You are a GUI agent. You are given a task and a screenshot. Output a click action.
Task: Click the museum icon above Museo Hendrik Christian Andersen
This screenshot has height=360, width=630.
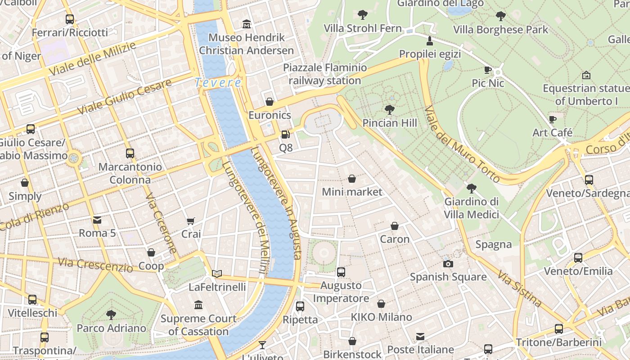[x=247, y=24]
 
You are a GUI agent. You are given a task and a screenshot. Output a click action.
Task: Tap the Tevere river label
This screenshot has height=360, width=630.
[x=218, y=83]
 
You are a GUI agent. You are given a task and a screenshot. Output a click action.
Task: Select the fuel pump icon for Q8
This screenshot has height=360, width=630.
[x=285, y=134]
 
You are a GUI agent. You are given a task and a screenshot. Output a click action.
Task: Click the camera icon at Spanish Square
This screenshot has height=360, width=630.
[x=448, y=264]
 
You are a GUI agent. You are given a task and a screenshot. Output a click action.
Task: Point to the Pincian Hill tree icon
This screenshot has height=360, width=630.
[x=390, y=109]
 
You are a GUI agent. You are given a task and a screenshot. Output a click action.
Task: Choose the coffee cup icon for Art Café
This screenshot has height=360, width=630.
[x=553, y=119]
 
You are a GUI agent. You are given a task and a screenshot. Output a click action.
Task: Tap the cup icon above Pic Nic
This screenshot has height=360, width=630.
[x=488, y=70]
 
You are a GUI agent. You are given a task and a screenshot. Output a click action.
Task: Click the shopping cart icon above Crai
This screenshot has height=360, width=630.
[x=191, y=221]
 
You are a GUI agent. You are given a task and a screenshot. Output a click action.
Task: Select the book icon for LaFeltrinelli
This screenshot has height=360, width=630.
[x=217, y=274]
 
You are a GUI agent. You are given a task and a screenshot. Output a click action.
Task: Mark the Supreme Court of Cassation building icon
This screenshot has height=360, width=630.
[x=198, y=305]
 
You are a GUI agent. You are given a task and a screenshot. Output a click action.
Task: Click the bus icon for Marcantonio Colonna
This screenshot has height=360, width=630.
[x=130, y=153]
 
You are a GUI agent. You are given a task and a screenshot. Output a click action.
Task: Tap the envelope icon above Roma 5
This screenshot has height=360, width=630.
[x=97, y=220]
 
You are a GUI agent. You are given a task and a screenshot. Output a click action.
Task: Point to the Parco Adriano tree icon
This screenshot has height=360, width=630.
[x=111, y=315]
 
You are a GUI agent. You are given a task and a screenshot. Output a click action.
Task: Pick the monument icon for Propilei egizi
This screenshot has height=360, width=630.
[x=430, y=41]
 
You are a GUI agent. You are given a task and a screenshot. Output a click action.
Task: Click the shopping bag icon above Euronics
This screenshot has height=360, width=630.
[x=270, y=102]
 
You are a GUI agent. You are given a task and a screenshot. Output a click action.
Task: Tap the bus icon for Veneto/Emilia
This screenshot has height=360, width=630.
[x=578, y=258]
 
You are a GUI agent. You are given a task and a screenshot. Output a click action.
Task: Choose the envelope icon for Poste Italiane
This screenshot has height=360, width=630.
[x=420, y=337]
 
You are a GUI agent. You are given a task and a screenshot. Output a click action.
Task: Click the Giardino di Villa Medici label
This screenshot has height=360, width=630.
[x=472, y=208]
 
